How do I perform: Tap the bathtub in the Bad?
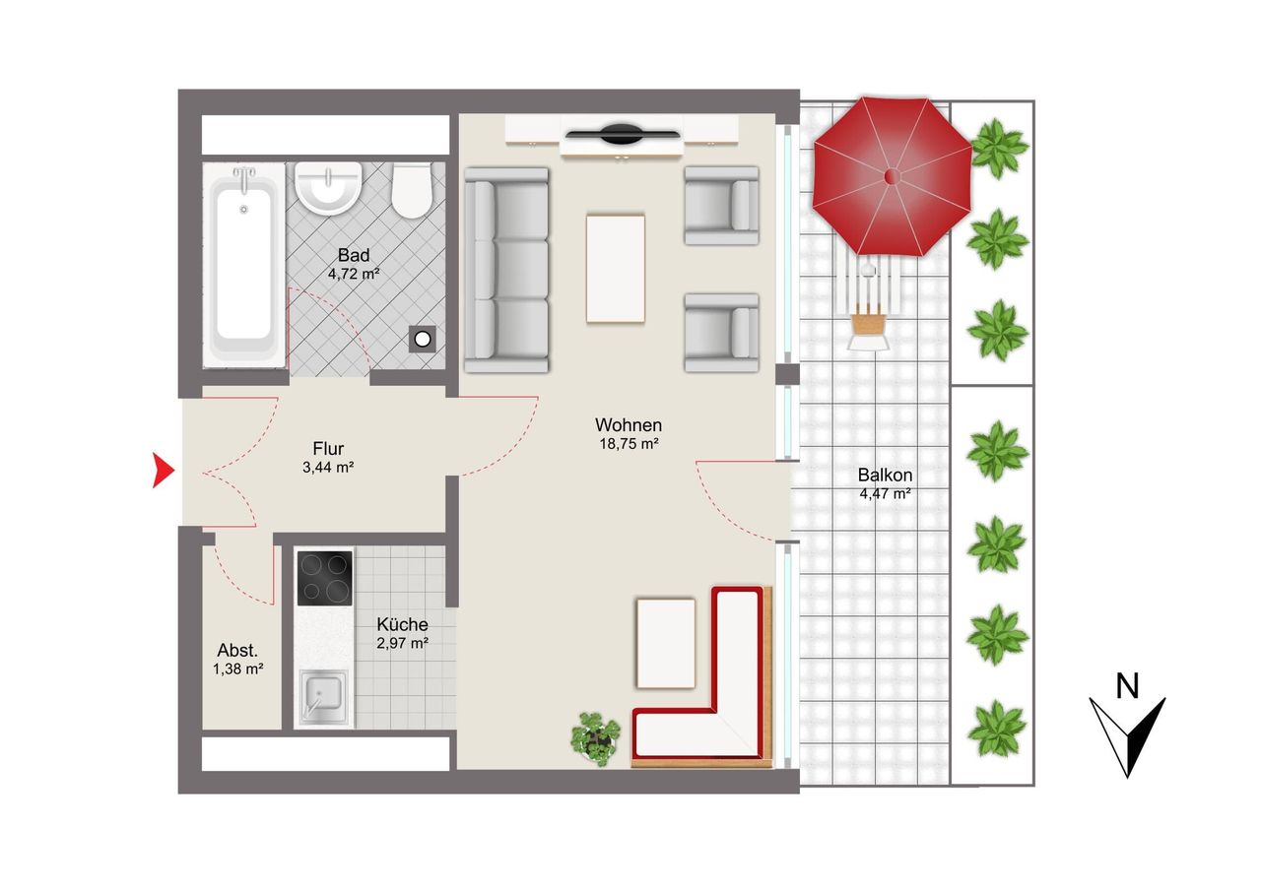pos(243,266)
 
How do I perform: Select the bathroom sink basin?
pos(328,188)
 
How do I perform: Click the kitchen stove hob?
pos(325,578)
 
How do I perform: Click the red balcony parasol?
pos(892,176)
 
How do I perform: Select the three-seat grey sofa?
pos(506,270)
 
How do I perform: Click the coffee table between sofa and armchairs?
pos(616,269)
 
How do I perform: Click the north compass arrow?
pos(1128,736)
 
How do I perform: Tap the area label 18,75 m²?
pos(629,444)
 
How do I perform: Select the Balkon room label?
pos(885,476)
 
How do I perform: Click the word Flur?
pos(328,448)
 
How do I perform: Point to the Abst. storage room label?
pos(237,651)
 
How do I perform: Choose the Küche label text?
pos(403,624)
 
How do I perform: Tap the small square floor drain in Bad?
pos(423,340)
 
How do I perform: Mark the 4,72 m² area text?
pos(354,274)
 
